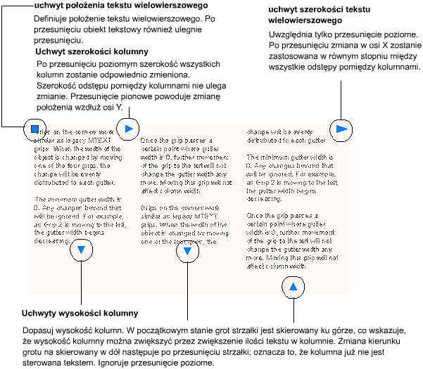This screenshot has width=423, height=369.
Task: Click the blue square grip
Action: [x=33, y=129]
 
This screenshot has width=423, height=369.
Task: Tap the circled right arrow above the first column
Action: [x=127, y=129]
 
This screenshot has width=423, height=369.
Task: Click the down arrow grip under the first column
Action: [x=82, y=249]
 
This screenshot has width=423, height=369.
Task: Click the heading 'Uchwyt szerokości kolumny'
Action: [x=91, y=52]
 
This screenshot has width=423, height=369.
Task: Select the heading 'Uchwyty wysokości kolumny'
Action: [x=79, y=313]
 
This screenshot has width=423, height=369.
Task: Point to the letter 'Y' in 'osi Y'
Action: [x=120, y=108]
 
